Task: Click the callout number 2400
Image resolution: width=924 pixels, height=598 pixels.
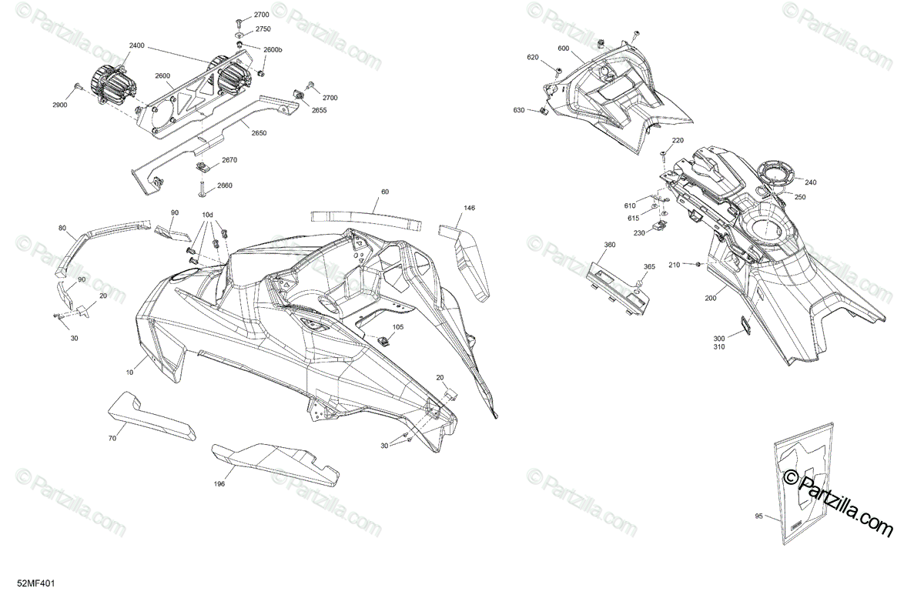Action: [136, 46]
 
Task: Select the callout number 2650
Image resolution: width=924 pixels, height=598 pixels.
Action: [258, 132]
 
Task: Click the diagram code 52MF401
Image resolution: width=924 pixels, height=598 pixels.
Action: [36, 586]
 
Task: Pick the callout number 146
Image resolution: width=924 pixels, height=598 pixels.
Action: [469, 208]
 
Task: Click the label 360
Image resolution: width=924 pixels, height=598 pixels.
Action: [610, 245]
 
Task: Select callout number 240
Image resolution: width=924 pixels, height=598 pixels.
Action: [810, 182]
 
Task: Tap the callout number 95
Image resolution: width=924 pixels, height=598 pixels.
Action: [759, 516]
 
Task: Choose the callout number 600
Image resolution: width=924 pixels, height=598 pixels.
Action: [564, 49]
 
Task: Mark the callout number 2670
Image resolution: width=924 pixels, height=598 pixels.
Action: [229, 160]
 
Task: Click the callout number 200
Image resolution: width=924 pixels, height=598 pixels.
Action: [710, 297]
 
